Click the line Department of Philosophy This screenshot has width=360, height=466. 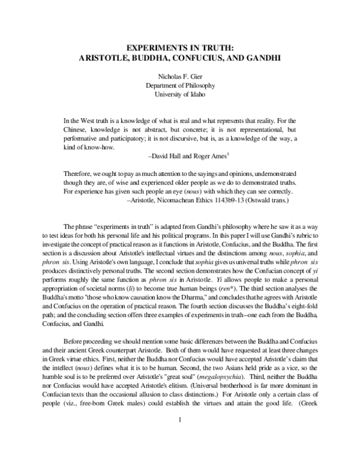[180, 85]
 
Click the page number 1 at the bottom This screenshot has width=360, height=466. [179, 436]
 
